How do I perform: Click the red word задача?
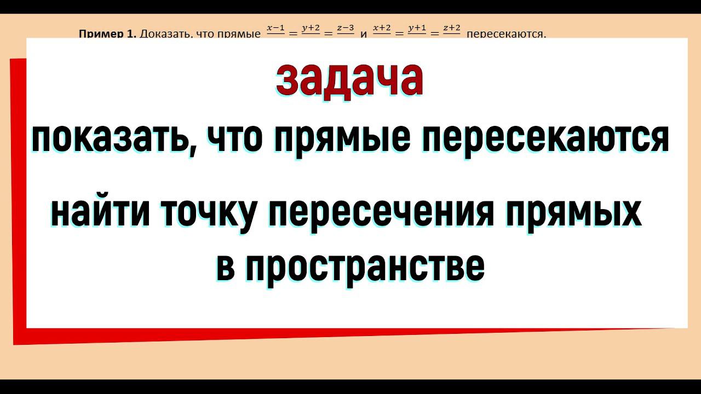349,80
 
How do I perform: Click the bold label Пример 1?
107,34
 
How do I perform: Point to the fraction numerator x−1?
276,28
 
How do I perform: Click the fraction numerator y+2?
311,28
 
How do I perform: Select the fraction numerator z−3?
345,28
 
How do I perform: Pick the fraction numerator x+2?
382,28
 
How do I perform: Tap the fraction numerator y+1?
417,28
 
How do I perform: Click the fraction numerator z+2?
452,28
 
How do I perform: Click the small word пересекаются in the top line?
507,34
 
